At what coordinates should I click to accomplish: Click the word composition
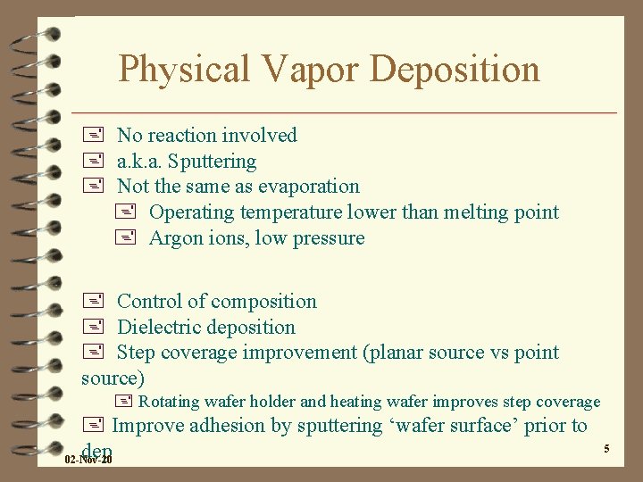(264, 302)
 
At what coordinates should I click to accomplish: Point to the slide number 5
(606, 448)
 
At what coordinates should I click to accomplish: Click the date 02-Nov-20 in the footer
(89, 460)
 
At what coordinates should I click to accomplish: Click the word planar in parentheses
(395, 353)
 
